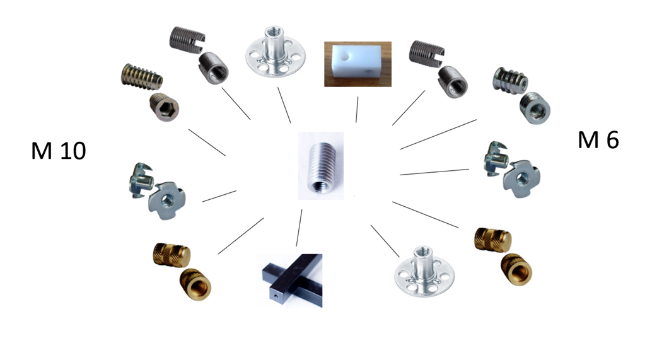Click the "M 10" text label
59,151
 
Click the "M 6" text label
598,140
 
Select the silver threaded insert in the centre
322,166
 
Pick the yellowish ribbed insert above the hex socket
141,76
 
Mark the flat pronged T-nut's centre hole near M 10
167,200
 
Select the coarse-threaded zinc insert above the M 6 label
510,79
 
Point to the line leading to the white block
357,110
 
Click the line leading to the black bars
299,228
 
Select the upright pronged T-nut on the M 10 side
141,180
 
